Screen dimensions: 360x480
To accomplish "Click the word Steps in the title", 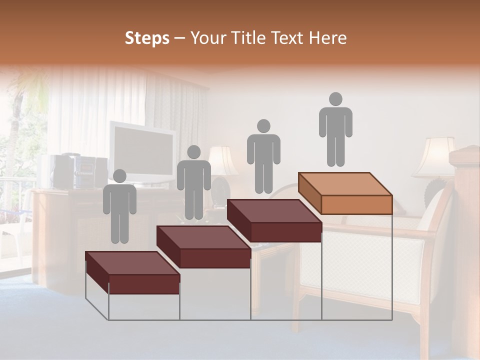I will pyautogui.click(x=147, y=38).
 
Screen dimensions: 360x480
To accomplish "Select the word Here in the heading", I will pyautogui.click(x=327, y=38).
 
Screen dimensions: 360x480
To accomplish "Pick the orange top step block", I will pyautogui.click(x=345, y=192).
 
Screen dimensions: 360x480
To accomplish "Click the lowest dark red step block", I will pyautogui.click(x=132, y=272).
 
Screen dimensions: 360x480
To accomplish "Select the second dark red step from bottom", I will pyautogui.click(x=203, y=246).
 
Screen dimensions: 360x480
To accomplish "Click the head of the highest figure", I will pyautogui.click(x=335, y=99).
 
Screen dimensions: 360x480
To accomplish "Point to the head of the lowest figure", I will pyautogui.click(x=119, y=176).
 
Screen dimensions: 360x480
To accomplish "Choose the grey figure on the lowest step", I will pyautogui.click(x=119, y=207).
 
